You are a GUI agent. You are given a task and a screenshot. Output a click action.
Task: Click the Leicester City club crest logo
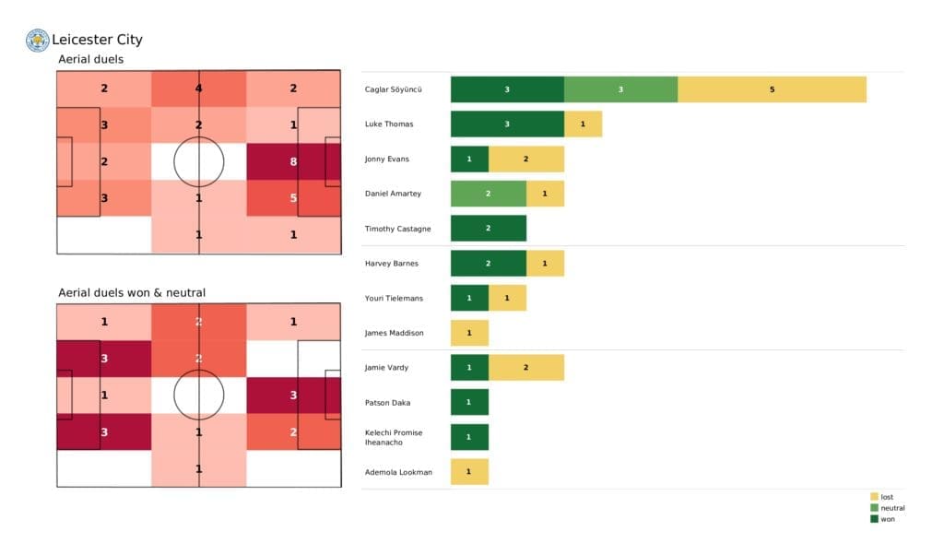[x=38, y=40]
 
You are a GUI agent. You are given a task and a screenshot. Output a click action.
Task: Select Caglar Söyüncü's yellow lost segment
[x=772, y=89]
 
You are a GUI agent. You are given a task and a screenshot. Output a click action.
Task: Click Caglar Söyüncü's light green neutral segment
[x=620, y=89]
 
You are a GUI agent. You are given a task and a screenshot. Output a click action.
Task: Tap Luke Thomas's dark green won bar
[x=507, y=124]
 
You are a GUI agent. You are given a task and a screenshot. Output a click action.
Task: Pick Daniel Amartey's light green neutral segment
[x=488, y=194]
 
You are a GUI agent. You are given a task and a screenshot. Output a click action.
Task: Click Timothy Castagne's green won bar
[x=488, y=229]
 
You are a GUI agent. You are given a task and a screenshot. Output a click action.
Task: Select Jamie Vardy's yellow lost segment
[x=525, y=368]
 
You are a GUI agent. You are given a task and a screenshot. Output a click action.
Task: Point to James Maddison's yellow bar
[x=469, y=333]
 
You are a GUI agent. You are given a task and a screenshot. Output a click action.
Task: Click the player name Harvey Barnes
[x=392, y=264]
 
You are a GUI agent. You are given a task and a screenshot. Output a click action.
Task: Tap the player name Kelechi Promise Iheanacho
[x=396, y=438]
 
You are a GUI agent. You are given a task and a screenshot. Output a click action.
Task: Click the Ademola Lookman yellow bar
[x=469, y=472]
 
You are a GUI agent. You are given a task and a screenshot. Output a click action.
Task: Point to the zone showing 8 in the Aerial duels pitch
[x=293, y=161]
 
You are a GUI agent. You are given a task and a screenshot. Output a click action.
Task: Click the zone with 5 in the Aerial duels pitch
[x=293, y=197]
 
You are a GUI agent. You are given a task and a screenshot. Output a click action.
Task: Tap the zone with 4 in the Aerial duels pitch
[x=198, y=89]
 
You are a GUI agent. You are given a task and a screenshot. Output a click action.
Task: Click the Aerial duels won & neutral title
[x=132, y=293]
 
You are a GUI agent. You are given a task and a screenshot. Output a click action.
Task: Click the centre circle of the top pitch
[x=198, y=161]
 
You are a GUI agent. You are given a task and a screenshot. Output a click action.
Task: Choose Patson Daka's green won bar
[x=469, y=403]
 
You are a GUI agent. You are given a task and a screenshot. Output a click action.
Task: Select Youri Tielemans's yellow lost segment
[x=507, y=299]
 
